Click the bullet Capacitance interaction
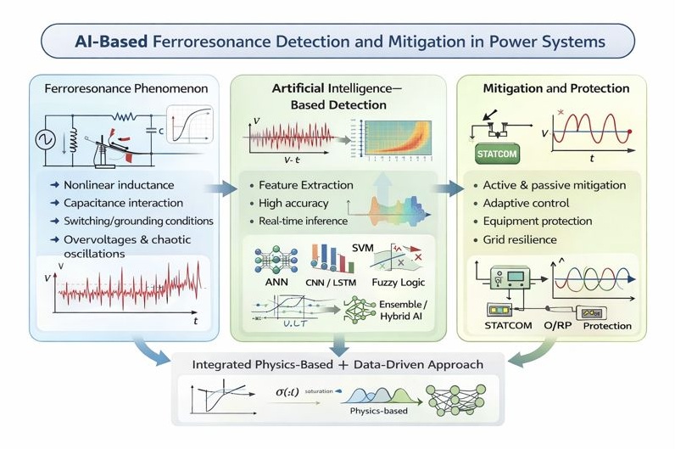click(x=122, y=204)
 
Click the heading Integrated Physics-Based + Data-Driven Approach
click(x=337, y=364)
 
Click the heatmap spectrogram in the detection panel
click(x=393, y=139)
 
